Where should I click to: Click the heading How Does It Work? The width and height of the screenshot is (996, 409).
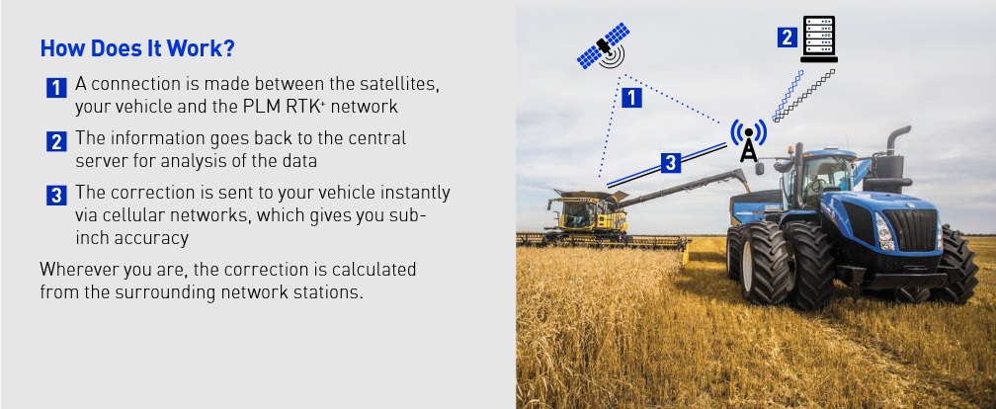point(137,48)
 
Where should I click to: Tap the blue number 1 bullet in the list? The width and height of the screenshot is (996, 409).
point(56,88)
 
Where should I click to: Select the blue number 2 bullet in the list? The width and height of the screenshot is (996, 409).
point(56,141)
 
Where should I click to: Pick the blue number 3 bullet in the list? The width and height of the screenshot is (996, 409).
point(56,196)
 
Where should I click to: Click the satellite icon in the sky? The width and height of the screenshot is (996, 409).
point(604,46)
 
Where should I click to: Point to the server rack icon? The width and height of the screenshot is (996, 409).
point(819,40)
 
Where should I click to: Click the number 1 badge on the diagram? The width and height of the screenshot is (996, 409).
point(630,98)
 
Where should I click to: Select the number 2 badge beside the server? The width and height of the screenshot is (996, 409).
point(787,38)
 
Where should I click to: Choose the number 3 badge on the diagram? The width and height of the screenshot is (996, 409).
point(671,163)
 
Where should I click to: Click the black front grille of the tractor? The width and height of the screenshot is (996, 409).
point(910,229)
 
